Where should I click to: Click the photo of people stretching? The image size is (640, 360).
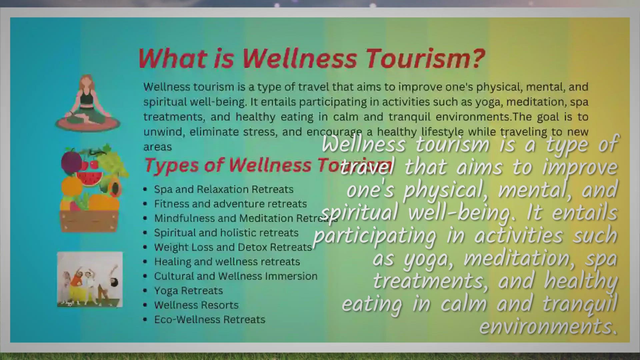tap(90, 279)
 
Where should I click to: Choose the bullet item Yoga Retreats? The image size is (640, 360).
tap(188, 291)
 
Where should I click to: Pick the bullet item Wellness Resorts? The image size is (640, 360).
tap(196, 305)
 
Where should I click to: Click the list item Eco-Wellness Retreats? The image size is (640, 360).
tap(210, 319)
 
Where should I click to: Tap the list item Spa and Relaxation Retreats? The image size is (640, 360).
tap(224, 189)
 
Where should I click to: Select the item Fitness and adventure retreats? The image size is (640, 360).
tap(230, 204)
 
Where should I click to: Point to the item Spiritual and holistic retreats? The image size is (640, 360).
tap(226, 233)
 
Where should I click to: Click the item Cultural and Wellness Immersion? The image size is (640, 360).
tap(236, 276)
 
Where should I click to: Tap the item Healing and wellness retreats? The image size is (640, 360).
tap(227, 262)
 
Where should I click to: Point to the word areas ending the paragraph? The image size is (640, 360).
tap(158, 147)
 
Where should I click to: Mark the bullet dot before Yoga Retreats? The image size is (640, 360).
tap(145, 291)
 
